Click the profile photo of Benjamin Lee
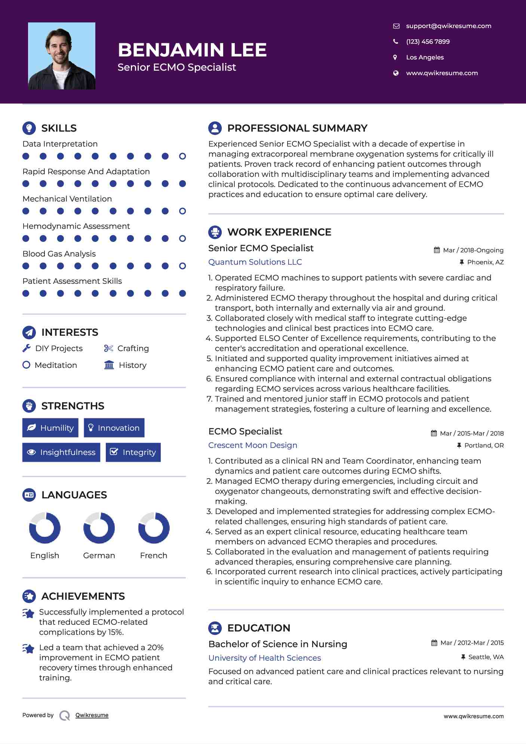pyautogui.click(x=62, y=56)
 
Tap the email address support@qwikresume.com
pyautogui.click(x=448, y=26)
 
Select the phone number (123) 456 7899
pyautogui.click(x=428, y=41)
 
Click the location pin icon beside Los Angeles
pyautogui.click(x=395, y=57)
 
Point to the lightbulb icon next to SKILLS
pyautogui.click(x=29, y=128)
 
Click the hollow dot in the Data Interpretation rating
pyautogui.click(x=182, y=156)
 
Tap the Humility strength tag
pyautogui.click(x=50, y=428)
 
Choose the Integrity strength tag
pyautogui.click(x=133, y=452)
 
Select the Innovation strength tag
pyautogui.click(x=114, y=428)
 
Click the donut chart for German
pyautogui.click(x=99, y=528)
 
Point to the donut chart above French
pyautogui.click(x=154, y=528)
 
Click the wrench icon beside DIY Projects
pyautogui.click(x=27, y=348)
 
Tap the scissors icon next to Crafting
pyautogui.click(x=108, y=348)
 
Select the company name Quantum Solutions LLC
pyautogui.click(x=255, y=262)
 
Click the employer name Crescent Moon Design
pyautogui.click(x=253, y=445)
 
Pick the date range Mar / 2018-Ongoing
pyautogui.click(x=473, y=250)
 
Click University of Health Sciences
pyautogui.click(x=265, y=658)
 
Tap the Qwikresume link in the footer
pyautogui.click(x=92, y=715)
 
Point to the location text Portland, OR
pyautogui.click(x=484, y=445)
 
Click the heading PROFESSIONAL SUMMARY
pyautogui.click(x=297, y=128)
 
